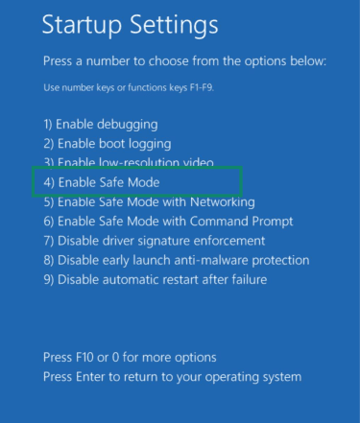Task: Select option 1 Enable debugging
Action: click(100, 125)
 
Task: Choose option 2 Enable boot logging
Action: click(104, 144)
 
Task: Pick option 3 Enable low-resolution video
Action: click(128, 162)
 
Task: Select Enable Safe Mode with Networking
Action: click(149, 202)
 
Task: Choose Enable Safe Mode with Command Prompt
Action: click(167, 222)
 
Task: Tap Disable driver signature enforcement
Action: click(154, 241)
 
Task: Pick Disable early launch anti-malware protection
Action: click(176, 260)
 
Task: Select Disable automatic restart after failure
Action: click(155, 279)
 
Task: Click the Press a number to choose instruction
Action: click(184, 61)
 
